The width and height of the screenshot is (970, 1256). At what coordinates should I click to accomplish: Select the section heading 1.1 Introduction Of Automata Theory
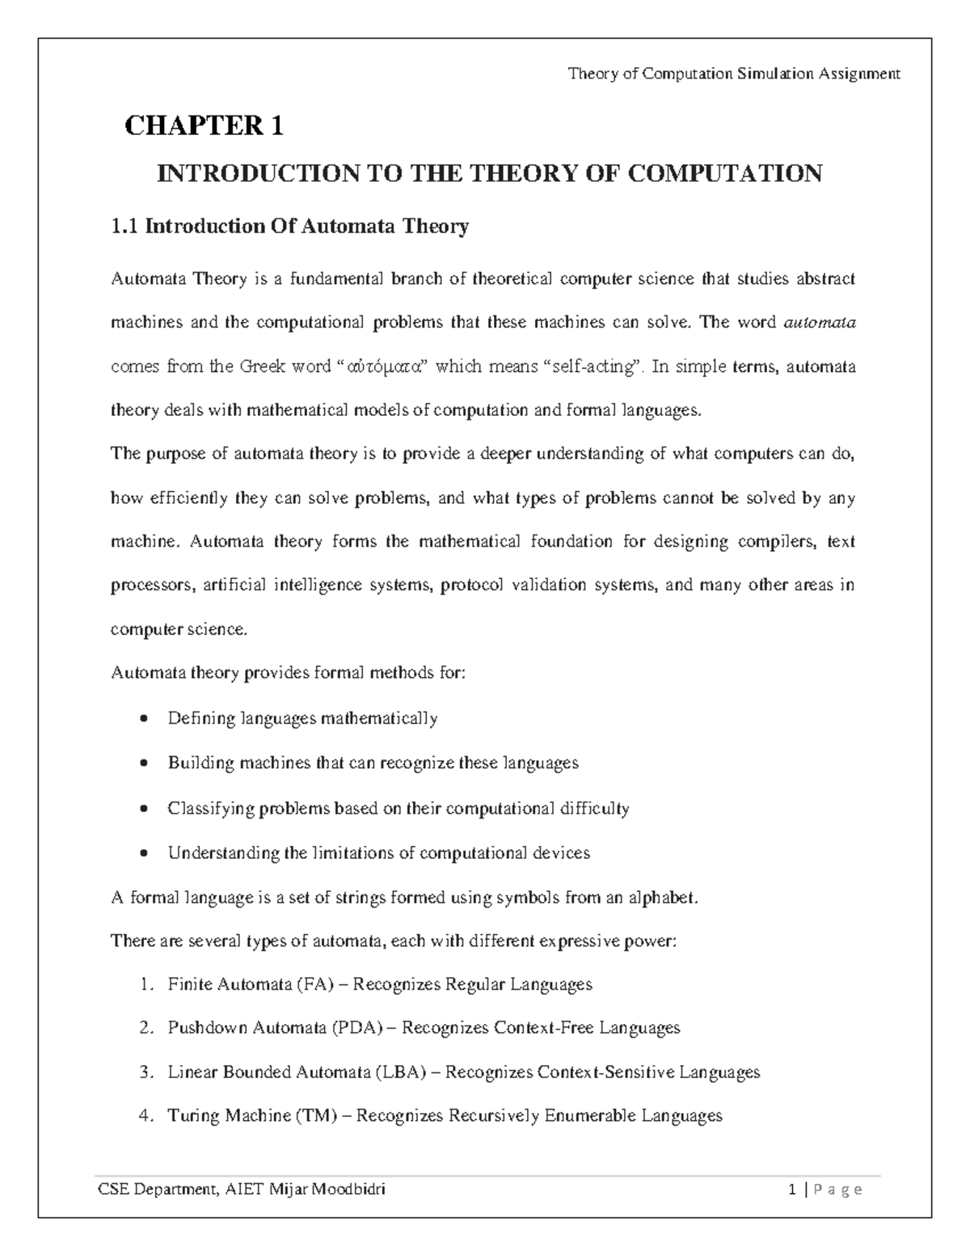[x=289, y=226]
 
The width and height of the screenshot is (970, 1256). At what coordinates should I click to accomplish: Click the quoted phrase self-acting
[x=590, y=367]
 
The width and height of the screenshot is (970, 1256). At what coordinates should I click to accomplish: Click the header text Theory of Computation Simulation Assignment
[x=733, y=74]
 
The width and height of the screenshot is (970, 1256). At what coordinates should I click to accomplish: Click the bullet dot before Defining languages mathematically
[x=144, y=719]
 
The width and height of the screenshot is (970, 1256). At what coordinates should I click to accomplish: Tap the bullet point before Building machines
[x=144, y=763]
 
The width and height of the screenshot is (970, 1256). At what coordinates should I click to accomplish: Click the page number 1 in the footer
[x=795, y=1190]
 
